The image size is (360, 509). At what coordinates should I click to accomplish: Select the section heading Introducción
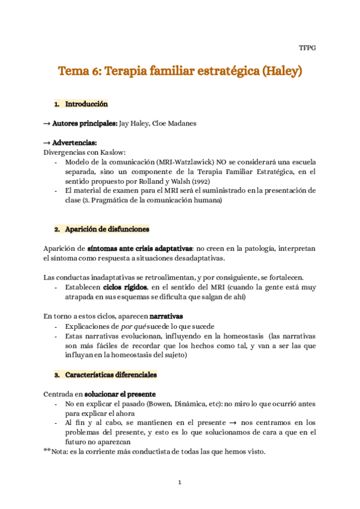(86, 104)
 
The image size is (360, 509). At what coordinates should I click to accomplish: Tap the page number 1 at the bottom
(180, 482)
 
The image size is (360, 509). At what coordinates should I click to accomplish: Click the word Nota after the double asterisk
(60, 451)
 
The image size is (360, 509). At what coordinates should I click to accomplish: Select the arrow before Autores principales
(47, 124)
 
